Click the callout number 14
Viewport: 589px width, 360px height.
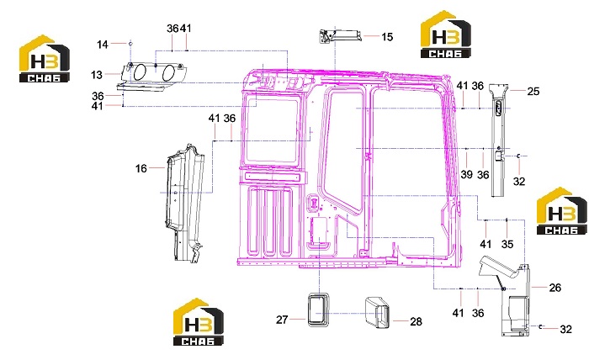click(102, 45)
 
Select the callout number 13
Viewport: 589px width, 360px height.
click(97, 75)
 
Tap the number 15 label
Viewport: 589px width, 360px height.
click(387, 37)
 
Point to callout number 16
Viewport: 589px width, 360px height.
click(141, 168)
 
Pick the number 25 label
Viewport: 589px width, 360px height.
click(533, 91)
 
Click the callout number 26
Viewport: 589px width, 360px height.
click(555, 288)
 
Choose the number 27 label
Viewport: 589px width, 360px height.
click(282, 320)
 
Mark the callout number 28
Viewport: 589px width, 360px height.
click(417, 321)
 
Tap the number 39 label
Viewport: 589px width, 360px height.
click(466, 174)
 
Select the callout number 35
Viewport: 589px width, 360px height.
click(507, 244)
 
